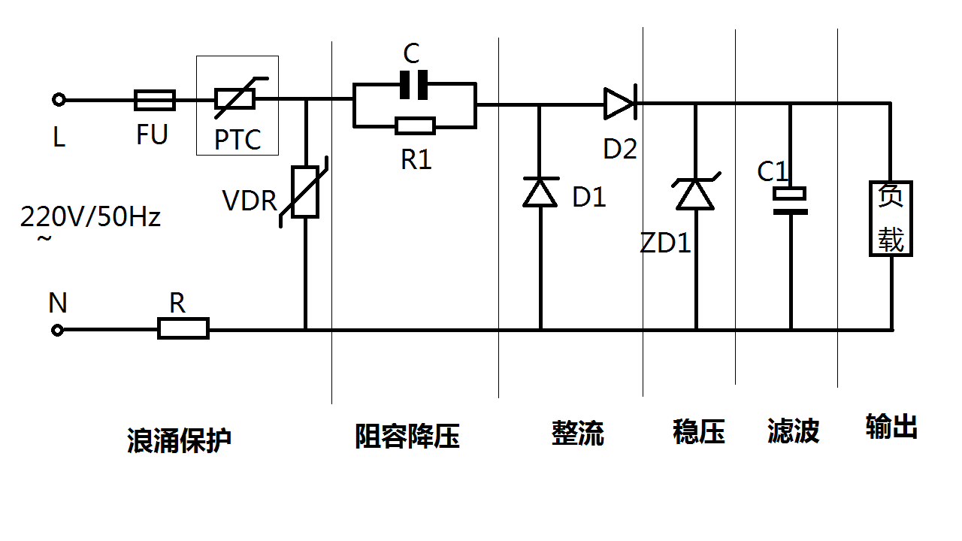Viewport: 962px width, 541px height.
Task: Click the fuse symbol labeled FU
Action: click(155, 99)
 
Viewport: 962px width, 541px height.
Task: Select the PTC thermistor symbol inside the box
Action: click(235, 98)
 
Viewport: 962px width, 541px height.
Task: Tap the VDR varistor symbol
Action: click(304, 192)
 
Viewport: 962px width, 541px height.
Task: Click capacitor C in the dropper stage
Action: click(413, 84)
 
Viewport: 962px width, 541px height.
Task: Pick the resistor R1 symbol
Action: click(415, 125)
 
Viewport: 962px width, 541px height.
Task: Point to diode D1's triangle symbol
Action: click(540, 192)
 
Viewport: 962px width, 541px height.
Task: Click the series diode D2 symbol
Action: click(620, 103)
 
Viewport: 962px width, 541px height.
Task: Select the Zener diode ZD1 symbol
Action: click(695, 194)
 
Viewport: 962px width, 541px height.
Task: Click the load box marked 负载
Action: click(891, 219)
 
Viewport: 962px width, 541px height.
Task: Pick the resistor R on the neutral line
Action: click(183, 329)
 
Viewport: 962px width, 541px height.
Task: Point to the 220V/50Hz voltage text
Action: click(90, 218)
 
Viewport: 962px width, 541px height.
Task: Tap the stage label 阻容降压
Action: click(407, 436)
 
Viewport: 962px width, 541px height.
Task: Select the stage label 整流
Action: click(577, 433)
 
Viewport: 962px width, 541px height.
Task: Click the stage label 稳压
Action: click(698, 432)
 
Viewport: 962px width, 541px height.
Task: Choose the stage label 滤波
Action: click(793, 431)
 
